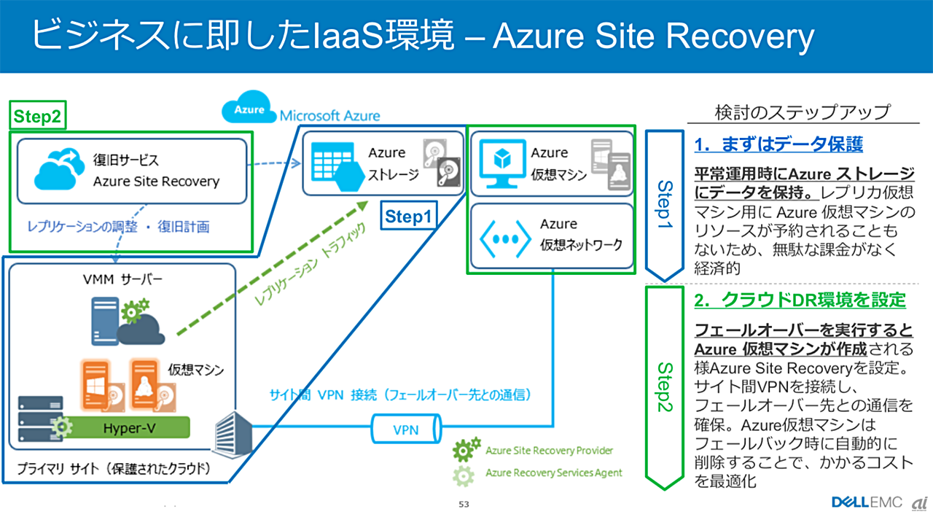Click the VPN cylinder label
(x=405, y=429)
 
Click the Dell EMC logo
(x=867, y=502)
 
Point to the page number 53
(x=464, y=504)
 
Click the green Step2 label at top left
(x=38, y=116)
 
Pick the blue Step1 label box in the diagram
(x=408, y=217)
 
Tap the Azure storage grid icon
(x=335, y=165)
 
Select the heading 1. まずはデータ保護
(x=778, y=144)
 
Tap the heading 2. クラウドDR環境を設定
(x=800, y=300)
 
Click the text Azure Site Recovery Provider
(x=549, y=451)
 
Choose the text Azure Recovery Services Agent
(x=553, y=473)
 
